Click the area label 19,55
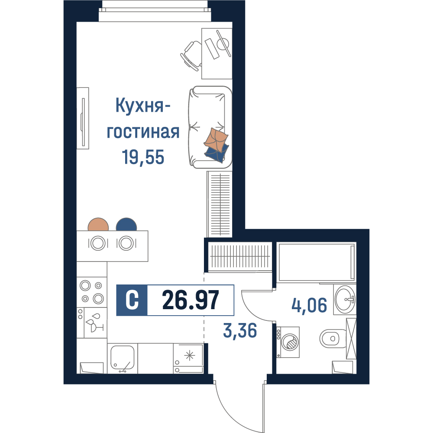click(x=143, y=157)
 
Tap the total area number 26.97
click(x=191, y=300)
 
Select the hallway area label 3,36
click(x=240, y=330)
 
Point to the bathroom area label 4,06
click(x=309, y=305)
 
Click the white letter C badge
click(x=132, y=300)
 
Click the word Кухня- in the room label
click(x=142, y=106)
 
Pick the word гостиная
click(x=143, y=132)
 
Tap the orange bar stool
click(x=98, y=224)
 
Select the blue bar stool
click(x=126, y=224)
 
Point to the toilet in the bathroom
click(x=333, y=338)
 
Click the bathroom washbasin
click(x=345, y=299)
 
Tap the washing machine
click(x=288, y=342)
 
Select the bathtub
click(x=317, y=262)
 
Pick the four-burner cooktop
click(x=92, y=292)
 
